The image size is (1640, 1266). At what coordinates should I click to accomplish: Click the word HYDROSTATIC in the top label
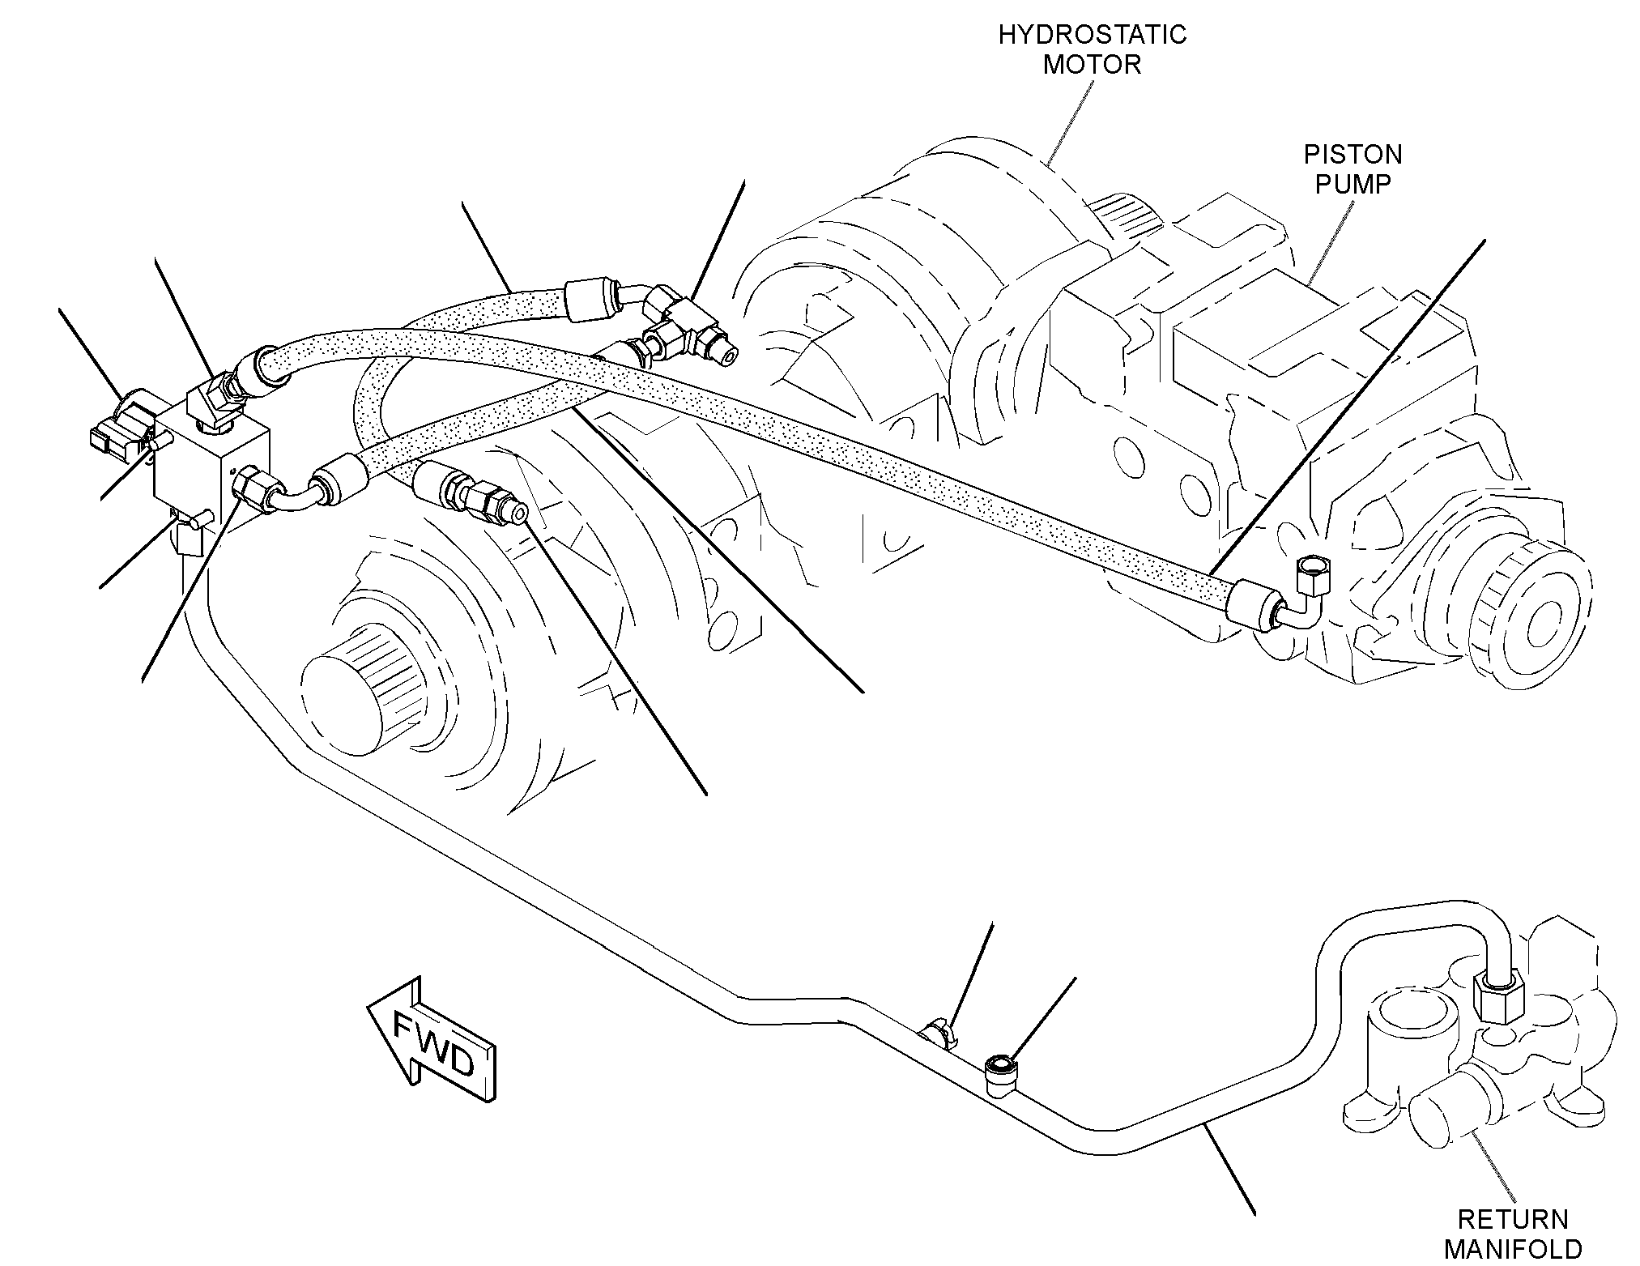[1092, 35]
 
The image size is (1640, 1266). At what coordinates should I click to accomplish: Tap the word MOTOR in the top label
[1092, 65]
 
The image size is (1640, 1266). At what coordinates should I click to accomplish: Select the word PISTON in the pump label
[1352, 154]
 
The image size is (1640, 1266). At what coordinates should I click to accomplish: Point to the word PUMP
[1352, 184]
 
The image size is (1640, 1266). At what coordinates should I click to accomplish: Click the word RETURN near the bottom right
[1513, 1219]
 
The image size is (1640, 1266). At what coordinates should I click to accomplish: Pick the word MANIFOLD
[1513, 1249]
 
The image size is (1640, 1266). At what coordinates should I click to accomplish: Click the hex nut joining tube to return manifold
[1497, 998]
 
